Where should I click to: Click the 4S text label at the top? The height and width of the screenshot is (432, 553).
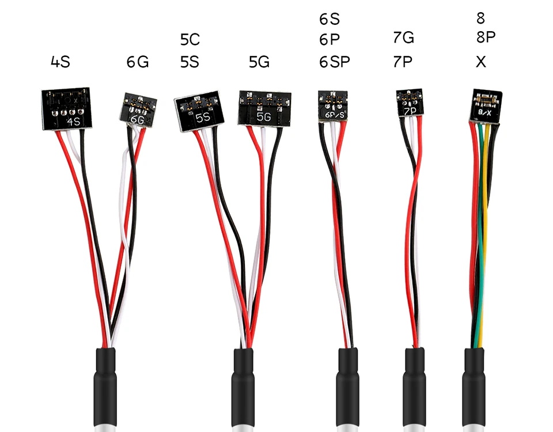click(60, 62)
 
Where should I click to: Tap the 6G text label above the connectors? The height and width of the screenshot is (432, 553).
click(138, 62)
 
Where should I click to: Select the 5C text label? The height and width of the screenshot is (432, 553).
click(190, 40)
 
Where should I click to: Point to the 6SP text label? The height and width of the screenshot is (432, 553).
click(334, 62)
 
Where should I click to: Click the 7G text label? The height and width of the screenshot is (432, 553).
click(403, 37)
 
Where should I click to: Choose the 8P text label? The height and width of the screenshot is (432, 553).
click(486, 37)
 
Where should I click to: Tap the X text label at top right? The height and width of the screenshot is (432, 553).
click(480, 62)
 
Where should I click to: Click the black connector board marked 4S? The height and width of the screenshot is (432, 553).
click(67, 108)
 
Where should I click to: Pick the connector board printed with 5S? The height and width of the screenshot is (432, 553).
click(199, 111)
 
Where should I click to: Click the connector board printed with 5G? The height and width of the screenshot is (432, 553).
click(264, 108)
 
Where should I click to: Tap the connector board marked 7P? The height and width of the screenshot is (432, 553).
click(410, 103)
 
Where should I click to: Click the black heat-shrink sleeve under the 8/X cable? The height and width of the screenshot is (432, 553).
click(474, 388)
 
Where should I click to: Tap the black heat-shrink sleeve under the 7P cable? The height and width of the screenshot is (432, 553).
click(414, 388)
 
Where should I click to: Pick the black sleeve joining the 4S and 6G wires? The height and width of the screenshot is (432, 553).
click(105, 388)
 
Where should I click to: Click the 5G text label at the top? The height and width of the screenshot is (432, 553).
click(259, 62)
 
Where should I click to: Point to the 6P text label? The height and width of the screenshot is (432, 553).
click(329, 40)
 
